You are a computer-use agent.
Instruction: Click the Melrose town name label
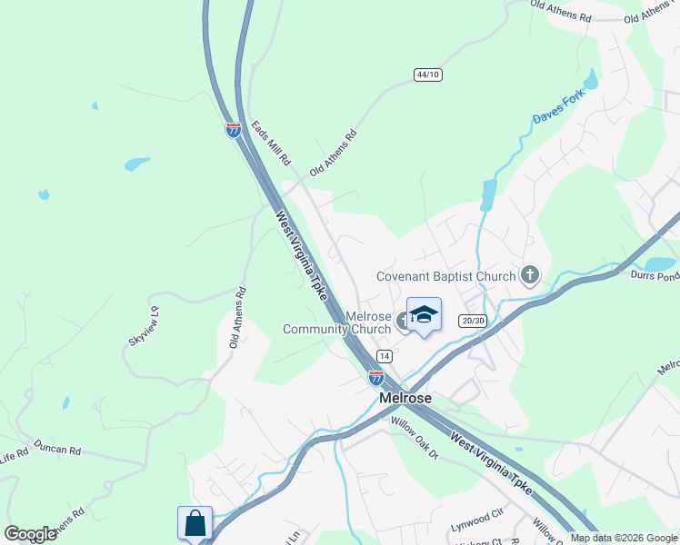tap(405, 398)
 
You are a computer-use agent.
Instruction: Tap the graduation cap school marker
tap(424, 315)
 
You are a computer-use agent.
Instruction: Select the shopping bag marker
tap(195, 523)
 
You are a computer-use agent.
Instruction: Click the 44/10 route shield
tap(427, 74)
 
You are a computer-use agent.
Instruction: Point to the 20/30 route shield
tap(474, 321)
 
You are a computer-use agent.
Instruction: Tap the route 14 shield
tap(385, 356)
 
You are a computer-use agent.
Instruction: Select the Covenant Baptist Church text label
tap(446, 276)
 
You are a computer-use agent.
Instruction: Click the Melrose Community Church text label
tap(337, 322)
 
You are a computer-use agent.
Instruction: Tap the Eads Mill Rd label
tap(271, 144)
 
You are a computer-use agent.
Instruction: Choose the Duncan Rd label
tap(57, 449)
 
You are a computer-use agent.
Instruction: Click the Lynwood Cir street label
tap(477, 520)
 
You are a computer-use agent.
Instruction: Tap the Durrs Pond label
tap(655, 273)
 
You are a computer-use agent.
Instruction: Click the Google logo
tap(30, 534)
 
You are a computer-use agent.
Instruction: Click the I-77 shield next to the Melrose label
tap(376, 376)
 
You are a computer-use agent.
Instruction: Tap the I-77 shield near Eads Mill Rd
tap(234, 129)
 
